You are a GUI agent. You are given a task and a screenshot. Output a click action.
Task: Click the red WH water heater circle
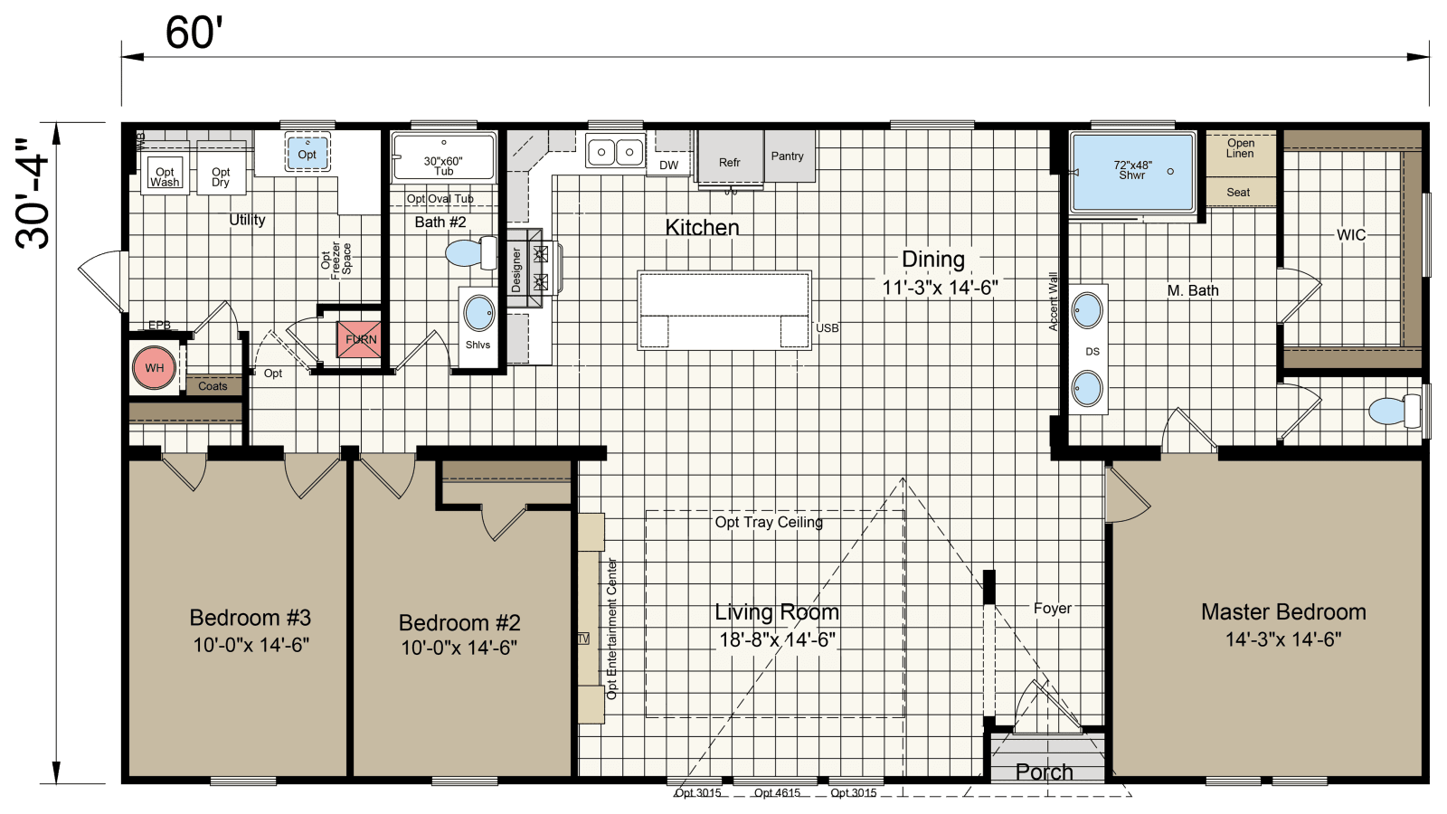[154, 368]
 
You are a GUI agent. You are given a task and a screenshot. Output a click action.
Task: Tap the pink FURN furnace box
[359, 339]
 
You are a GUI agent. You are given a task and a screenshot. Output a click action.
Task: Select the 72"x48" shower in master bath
[1132, 171]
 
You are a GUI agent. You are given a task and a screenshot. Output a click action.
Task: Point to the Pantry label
[787, 156]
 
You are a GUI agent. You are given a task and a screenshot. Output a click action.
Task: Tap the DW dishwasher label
[668, 165]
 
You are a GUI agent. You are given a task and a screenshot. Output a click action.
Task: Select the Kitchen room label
[702, 227]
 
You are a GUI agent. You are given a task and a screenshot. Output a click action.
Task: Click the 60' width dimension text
[194, 33]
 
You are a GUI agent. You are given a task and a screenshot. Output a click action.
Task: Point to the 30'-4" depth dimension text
[33, 194]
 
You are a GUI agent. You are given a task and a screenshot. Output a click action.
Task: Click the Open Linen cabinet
[1240, 149]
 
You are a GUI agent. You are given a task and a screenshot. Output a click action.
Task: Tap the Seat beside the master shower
[1238, 192]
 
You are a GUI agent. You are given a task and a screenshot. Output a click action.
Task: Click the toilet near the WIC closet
[1394, 411]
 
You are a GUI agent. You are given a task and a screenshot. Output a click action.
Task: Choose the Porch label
[1044, 771]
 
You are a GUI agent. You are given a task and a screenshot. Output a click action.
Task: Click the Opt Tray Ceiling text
[769, 522]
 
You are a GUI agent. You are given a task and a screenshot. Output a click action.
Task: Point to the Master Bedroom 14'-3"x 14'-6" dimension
[1282, 639]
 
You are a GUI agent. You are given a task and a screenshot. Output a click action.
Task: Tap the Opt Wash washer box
[165, 174]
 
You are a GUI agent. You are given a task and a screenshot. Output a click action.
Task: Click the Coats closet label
[213, 386]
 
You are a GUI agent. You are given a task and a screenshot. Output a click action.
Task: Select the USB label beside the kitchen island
[827, 328]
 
